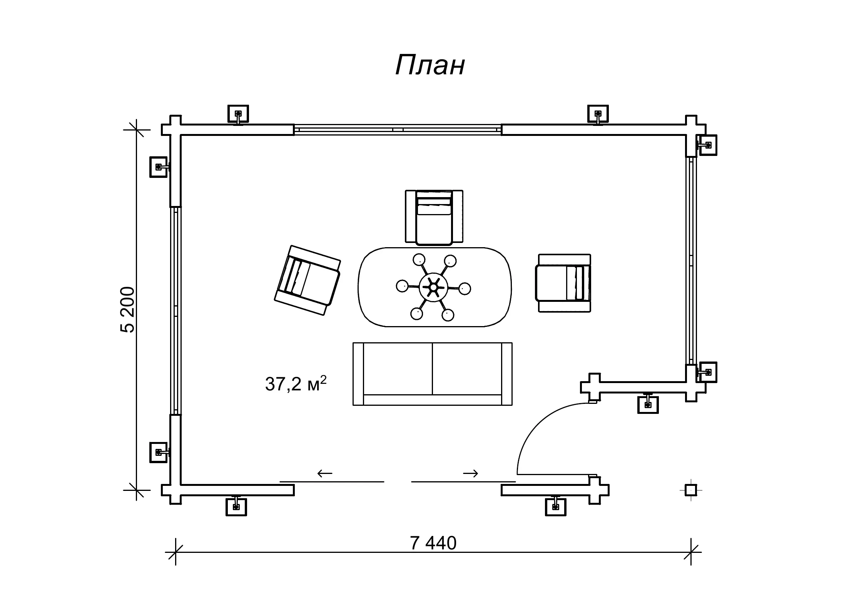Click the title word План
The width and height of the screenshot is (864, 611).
tap(430, 65)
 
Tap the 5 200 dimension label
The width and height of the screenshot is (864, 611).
tap(128, 310)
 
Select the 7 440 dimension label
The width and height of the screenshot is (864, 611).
tap(433, 543)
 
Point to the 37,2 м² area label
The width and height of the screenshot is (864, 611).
tap(296, 383)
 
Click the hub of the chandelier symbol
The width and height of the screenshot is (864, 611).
tap(433, 287)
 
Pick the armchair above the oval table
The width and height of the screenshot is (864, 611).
tap(434, 217)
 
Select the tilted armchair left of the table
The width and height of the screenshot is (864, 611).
tap(307, 280)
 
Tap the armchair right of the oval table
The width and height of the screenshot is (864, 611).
tap(563, 283)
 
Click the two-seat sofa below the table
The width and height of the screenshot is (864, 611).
tap(432, 373)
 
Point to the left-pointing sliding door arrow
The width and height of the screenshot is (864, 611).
tap(325, 473)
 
